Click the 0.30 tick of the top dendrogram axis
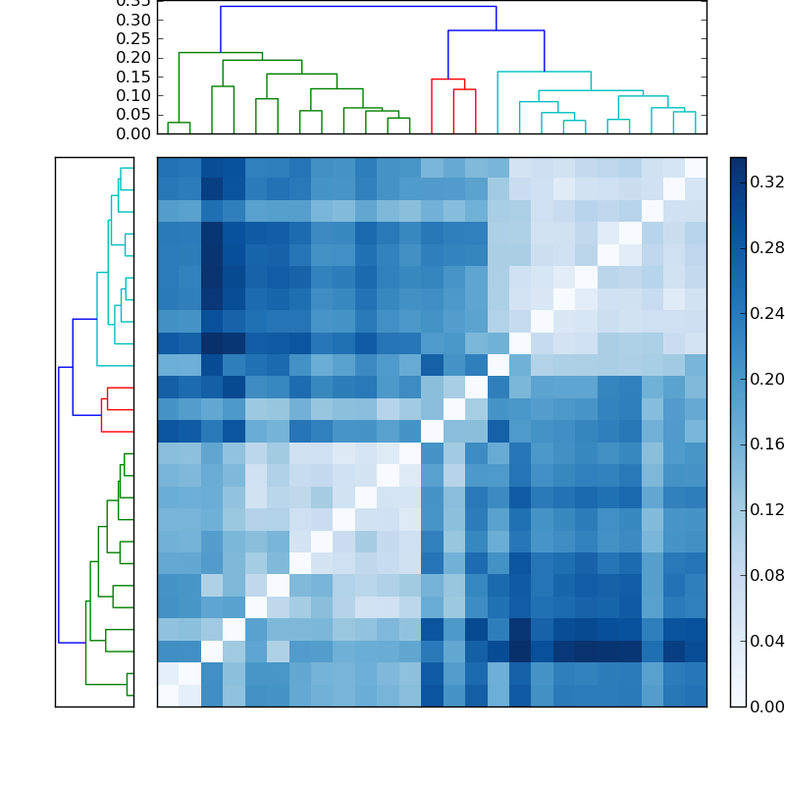pos(133,20)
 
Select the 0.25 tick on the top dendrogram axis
pos(133,39)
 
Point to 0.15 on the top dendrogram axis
pos(133,77)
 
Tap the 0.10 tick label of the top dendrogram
pos(133,95)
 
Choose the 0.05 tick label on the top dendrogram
pos(133,114)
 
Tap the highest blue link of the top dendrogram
pos(358,7)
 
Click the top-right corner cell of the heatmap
pos(695,167)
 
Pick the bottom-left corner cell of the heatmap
pos(168,695)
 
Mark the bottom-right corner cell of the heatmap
pos(695,695)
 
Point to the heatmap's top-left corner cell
pos(168,167)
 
